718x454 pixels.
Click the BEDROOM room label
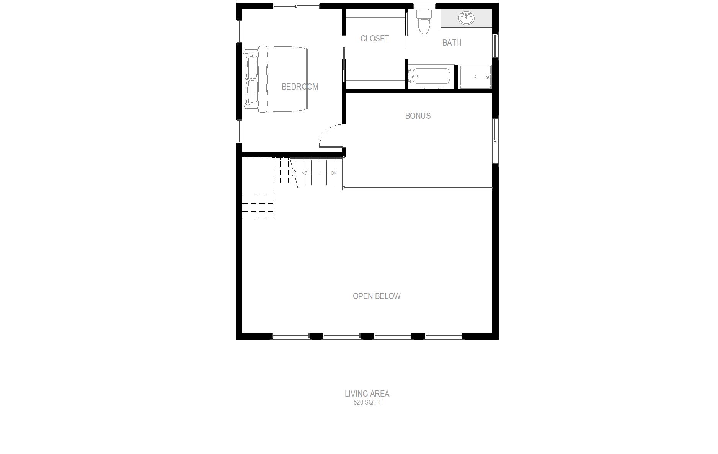pyautogui.click(x=300, y=87)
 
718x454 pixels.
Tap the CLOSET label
pyautogui.click(x=374, y=38)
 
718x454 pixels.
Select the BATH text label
pyautogui.click(x=452, y=42)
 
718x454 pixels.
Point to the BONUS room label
pyautogui.click(x=418, y=116)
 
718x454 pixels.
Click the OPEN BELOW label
pyautogui.click(x=377, y=296)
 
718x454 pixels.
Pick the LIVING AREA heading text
pyautogui.click(x=367, y=394)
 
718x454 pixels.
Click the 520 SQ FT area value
pyautogui.click(x=367, y=403)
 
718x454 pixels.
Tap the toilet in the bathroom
pyautogui.click(x=424, y=21)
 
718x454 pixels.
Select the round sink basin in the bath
pyautogui.click(x=467, y=18)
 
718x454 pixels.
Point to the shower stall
pyautogui.click(x=475, y=77)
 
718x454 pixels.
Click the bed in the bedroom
pyautogui.click(x=276, y=79)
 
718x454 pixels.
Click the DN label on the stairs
pyautogui.click(x=334, y=173)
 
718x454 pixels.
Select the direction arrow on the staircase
pyautogui.click(x=313, y=173)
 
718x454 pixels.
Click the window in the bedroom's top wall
pyautogui.click(x=296, y=6)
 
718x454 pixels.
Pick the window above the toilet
pyautogui.click(x=424, y=6)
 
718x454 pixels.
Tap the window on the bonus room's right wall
pyautogui.click(x=495, y=140)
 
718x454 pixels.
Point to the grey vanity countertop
pyautogui.click(x=466, y=18)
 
